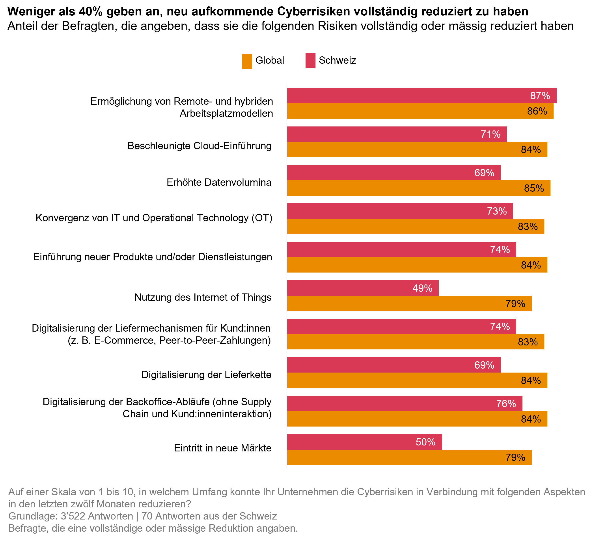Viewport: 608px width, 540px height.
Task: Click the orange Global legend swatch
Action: [x=247, y=61]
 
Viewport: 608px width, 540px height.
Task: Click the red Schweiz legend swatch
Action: [x=310, y=61]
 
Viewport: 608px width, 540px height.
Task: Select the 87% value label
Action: [x=540, y=96]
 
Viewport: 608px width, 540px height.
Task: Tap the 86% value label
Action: [x=537, y=111]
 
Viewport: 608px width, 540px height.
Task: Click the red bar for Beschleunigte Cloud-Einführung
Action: [x=387, y=134]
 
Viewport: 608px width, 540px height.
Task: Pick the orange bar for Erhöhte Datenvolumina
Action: [x=402, y=188]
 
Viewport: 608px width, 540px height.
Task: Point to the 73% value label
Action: [x=497, y=211]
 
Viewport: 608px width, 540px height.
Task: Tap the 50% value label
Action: [x=426, y=442]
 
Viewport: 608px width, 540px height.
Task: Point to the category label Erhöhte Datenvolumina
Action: [x=219, y=182]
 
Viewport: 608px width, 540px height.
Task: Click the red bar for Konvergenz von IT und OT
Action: [x=387, y=211]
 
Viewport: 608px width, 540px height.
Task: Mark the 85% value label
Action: [x=534, y=188]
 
